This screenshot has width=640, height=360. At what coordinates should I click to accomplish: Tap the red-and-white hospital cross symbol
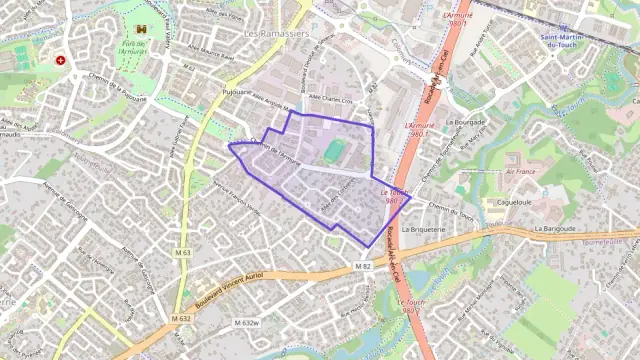pos(61,60)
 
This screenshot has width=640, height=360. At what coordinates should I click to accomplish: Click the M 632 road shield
pos(180,318)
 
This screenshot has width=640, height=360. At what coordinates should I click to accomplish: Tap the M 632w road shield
pos(246,323)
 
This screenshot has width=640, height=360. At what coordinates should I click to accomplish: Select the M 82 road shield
pos(363,266)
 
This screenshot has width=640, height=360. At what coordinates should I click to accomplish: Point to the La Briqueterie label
pos(422,228)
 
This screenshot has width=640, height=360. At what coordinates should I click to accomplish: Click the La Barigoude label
pos(555,228)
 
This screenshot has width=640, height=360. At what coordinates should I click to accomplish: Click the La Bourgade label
pos(464,122)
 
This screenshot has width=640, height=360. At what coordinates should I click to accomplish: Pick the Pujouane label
pos(236,91)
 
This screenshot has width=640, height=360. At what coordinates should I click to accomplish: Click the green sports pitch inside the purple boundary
pos(333,152)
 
